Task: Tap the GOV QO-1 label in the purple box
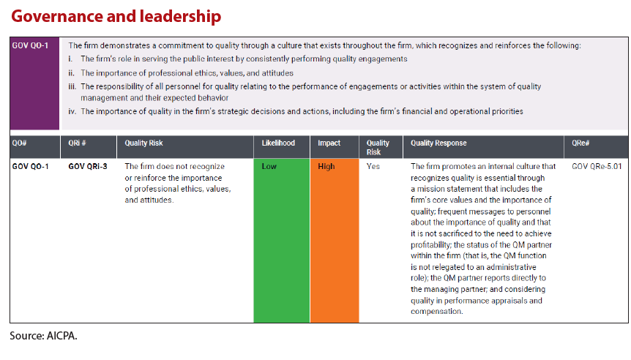pyautogui.click(x=30, y=45)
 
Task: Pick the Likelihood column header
pyautogui.click(x=278, y=143)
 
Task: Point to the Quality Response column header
pyautogui.click(x=438, y=143)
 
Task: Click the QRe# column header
pyautogui.click(x=583, y=143)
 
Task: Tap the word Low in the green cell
pyautogui.click(x=269, y=167)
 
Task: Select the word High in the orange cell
pyautogui.click(x=326, y=167)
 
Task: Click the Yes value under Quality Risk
pyautogui.click(x=373, y=167)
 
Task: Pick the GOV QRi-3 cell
pyautogui.click(x=88, y=167)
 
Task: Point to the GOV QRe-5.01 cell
pyautogui.click(x=597, y=167)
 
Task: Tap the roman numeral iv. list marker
pyautogui.click(x=72, y=112)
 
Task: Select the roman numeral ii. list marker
pyautogui.click(x=72, y=72)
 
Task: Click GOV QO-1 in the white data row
pyautogui.click(x=31, y=167)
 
